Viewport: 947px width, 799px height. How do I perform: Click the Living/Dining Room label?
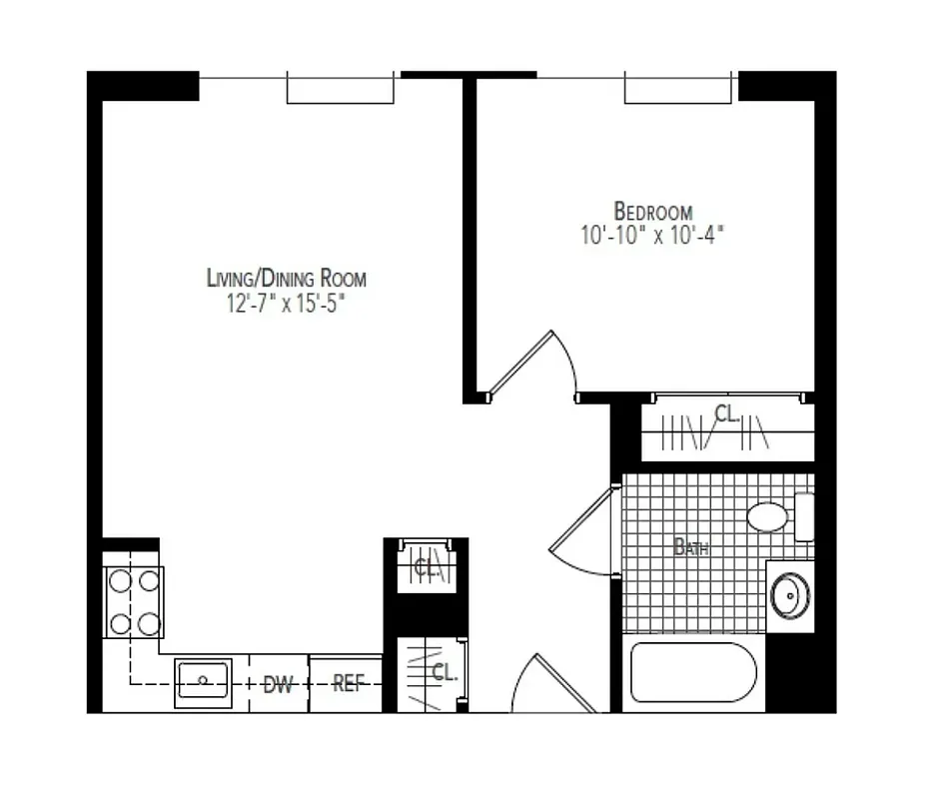(287, 279)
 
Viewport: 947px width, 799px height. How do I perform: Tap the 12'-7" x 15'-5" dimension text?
(287, 304)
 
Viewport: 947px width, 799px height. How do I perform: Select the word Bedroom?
(653, 212)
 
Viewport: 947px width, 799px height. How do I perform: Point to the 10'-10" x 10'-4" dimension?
(651, 237)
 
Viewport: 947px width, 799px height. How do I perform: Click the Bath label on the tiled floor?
(691, 547)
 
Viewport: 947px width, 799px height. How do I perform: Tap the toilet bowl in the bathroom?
(769, 517)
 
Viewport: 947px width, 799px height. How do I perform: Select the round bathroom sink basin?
(790, 597)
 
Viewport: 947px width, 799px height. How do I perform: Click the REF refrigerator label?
(347, 685)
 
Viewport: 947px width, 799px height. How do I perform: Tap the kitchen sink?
(204, 682)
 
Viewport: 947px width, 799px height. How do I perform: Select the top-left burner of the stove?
(121, 579)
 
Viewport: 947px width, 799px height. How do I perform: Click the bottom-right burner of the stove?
(150, 624)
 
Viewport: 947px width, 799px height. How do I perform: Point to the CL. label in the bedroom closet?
(727, 413)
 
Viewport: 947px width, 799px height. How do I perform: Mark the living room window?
(341, 88)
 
